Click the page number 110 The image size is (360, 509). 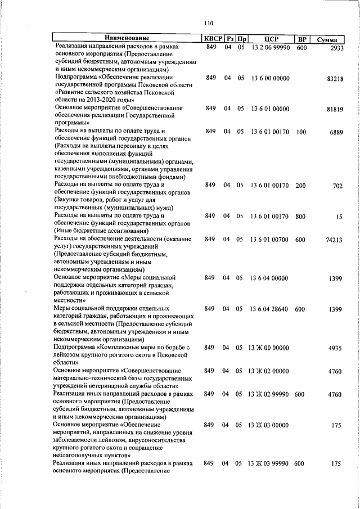[x=210, y=23]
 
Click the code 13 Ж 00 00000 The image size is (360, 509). [x=268, y=348]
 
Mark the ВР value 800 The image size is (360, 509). [x=301, y=215]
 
